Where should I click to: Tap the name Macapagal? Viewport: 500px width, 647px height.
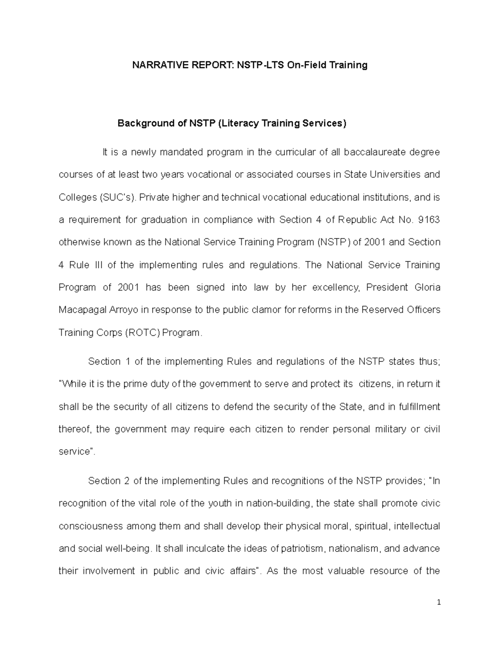82,310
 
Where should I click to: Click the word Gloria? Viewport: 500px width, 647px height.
427,287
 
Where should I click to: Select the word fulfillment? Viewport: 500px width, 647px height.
419,407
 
